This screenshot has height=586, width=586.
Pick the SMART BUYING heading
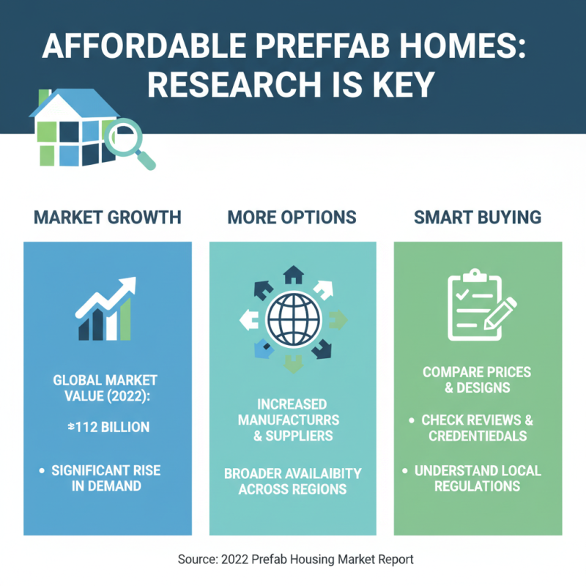[x=478, y=218]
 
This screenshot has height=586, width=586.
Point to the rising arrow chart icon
[x=107, y=309]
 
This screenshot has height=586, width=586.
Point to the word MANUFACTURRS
[x=292, y=420]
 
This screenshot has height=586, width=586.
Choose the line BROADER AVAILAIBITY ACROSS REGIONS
[x=292, y=481]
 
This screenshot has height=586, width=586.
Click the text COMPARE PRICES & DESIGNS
[x=478, y=379]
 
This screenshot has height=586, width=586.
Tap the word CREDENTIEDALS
[x=478, y=437]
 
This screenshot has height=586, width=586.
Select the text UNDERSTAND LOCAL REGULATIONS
[x=478, y=478]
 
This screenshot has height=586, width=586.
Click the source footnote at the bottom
[x=295, y=559]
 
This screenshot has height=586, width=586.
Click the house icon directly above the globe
[x=293, y=275]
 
